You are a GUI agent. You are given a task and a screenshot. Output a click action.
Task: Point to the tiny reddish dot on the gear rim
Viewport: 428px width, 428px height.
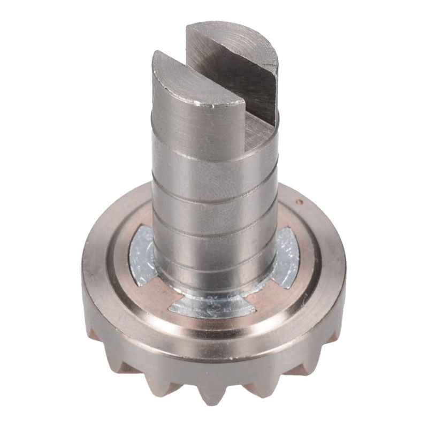pyautogui.click(x=300, y=202)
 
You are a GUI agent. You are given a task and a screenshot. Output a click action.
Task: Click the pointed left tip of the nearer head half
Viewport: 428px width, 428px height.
pyautogui.click(x=156, y=54)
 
